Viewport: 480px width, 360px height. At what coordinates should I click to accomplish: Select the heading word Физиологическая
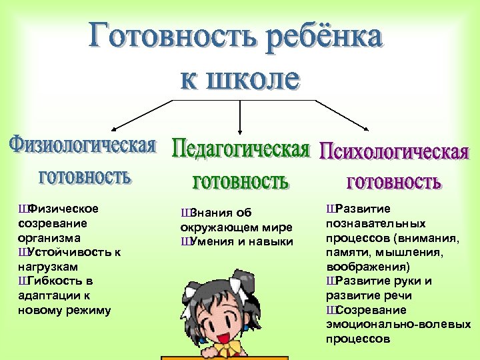83,145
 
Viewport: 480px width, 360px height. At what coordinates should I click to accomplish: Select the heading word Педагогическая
241,148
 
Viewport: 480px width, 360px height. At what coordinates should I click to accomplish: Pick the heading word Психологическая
394,151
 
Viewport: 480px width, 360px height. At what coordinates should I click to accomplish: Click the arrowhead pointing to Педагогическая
240,132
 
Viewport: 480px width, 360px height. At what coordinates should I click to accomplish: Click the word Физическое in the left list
64,209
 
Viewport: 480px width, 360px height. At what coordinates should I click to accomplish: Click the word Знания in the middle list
212,213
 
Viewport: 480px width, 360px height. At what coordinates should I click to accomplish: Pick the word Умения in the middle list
212,241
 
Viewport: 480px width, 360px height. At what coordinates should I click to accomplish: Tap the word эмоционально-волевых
398,324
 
